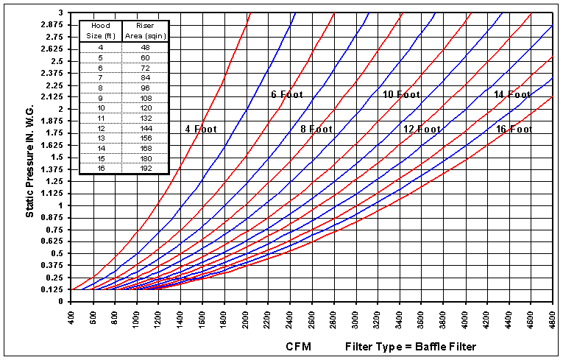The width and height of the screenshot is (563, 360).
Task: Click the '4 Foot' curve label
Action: [198, 129]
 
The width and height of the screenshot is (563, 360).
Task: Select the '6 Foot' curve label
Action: [287, 94]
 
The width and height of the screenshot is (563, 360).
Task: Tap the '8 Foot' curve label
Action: [316, 129]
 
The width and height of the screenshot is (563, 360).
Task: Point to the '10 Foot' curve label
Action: [401, 94]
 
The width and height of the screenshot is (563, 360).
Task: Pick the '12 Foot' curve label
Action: [422, 129]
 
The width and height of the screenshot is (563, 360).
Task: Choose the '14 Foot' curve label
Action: [512, 94]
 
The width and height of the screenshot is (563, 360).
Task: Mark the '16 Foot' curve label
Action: [514, 129]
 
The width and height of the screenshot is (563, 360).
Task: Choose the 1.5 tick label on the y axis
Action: [56, 157]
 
